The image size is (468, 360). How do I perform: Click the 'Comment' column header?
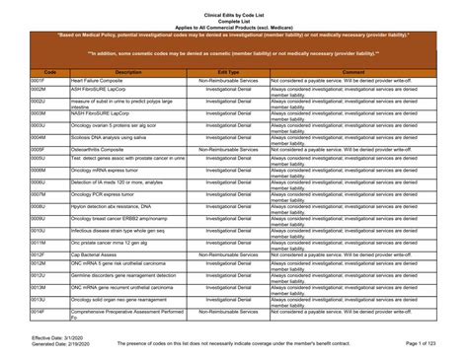[352, 72]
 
